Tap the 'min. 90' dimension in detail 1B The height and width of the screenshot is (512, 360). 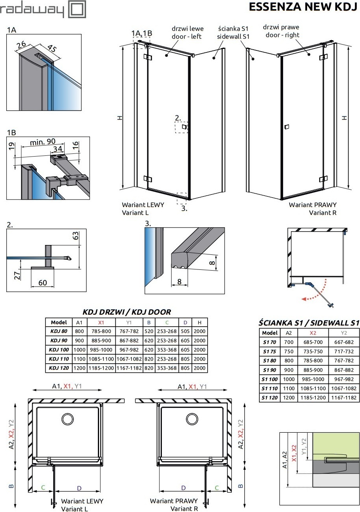point(43,141)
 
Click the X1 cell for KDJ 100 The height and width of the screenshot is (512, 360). point(101,349)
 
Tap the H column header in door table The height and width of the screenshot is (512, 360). point(199,322)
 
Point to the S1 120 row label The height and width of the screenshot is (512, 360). point(270,398)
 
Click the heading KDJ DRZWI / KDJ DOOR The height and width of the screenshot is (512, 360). point(126,312)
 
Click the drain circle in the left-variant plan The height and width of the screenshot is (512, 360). point(67,419)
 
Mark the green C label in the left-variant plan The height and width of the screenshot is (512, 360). point(43,488)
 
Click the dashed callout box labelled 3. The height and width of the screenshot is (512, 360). point(182,196)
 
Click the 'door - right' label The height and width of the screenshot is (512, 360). point(282,35)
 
